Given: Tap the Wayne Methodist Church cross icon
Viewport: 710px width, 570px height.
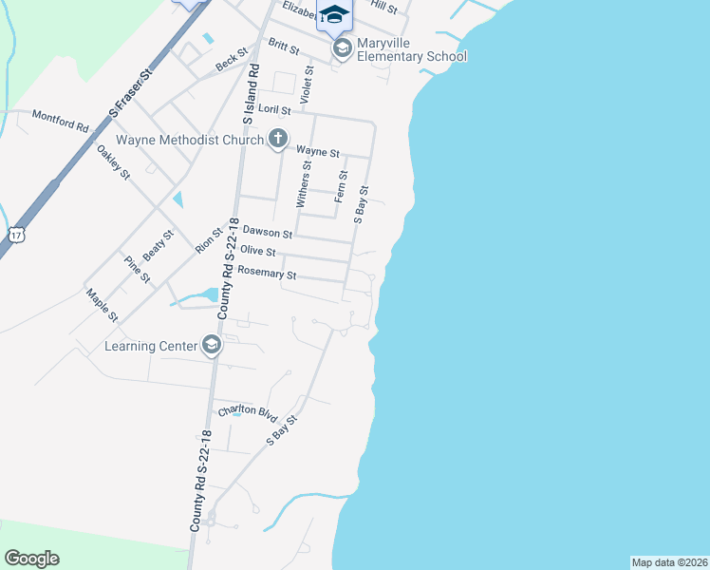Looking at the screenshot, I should pos(278,140).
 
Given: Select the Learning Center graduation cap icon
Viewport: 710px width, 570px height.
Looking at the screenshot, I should pos(212,345).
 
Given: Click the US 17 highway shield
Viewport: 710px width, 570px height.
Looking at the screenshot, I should pos(16,234).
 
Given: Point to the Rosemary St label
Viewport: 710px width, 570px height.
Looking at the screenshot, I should pos(268,273).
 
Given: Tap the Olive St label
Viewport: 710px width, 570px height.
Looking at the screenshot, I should pos(258,251).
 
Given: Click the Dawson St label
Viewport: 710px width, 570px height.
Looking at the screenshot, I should pos(267,231).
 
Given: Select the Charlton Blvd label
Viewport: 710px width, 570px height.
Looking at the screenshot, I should pos(247,411).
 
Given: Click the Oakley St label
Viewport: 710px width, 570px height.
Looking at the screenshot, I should pos(113,161).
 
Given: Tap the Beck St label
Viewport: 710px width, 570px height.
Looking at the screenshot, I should pos(231,62).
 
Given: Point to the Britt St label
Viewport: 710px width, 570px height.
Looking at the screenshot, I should pos(284,46).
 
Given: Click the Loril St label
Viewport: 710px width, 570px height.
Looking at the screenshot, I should pos(274,111).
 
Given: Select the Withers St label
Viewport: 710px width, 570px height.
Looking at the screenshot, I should pos(304,184).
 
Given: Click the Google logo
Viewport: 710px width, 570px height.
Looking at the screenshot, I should pos(31,559).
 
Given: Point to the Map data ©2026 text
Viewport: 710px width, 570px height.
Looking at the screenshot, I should pos(669,561).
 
